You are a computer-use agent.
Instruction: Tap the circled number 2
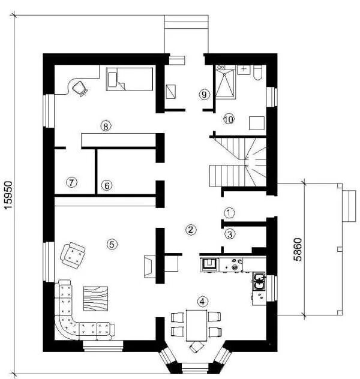click(x=191, y=229)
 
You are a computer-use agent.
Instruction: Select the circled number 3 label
click(x=229, y=234)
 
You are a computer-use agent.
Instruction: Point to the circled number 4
click(x=203, y=302)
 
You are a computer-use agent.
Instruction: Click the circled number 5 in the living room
click(x=110, y=243)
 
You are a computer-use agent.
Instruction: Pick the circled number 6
click(x=106, y=185)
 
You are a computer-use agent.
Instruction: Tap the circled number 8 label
click(x=106, y=126)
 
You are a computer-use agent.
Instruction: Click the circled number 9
click(x=204, y=95)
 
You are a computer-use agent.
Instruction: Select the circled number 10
click(x=228, y=119)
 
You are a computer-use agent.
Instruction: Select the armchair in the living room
click(x=73, y=254)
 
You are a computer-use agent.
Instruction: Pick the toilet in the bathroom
click(x=257, y=72)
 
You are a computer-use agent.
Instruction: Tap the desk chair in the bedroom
click(x=79, y=88)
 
